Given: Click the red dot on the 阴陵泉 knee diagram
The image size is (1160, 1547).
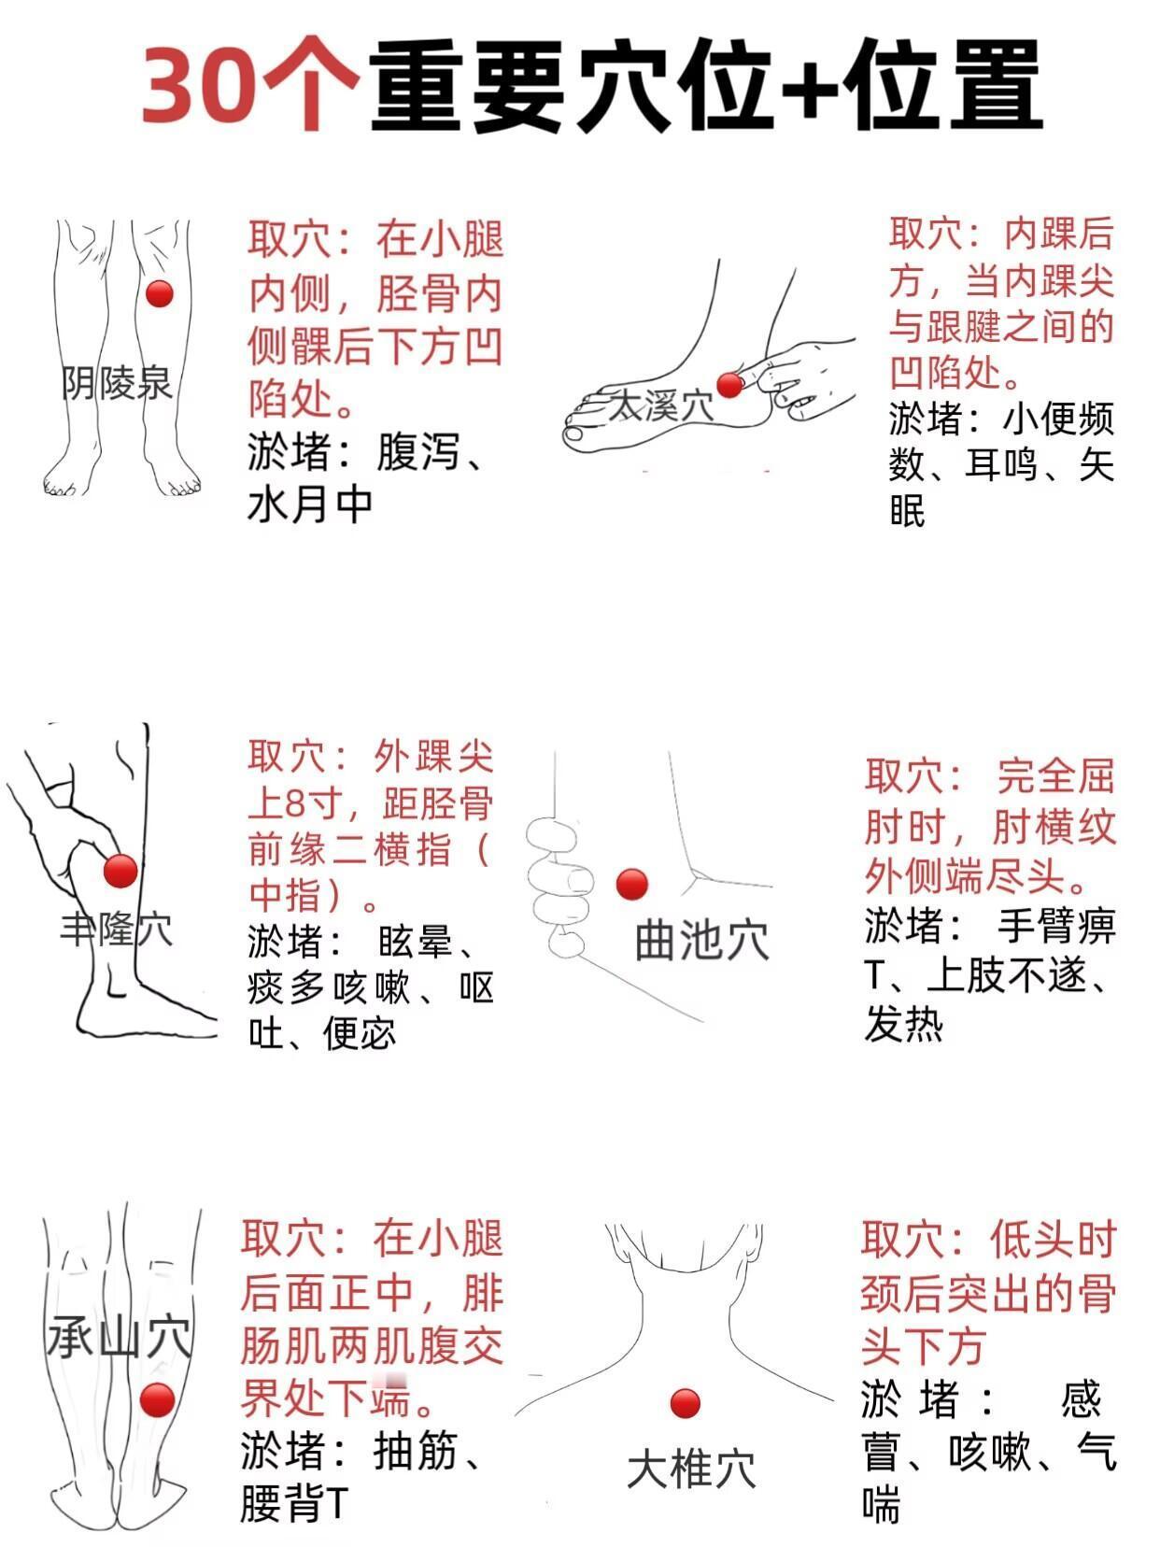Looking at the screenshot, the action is (160, 293).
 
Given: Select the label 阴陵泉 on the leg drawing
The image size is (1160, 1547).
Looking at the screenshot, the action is (117, 383).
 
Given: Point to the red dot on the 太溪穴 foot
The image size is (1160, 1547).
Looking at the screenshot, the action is (729, 385).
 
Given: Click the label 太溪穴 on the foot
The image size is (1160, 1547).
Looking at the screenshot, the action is (660, 406).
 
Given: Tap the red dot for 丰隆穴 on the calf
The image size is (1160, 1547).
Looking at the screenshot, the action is (120, 871).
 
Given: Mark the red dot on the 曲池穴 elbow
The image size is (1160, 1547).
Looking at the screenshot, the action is (631, 884).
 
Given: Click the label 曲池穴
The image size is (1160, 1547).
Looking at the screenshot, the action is (701, 941).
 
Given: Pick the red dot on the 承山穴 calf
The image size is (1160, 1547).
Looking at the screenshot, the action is (157, 1399).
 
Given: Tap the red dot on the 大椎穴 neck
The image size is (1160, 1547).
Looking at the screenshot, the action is (686, 1403).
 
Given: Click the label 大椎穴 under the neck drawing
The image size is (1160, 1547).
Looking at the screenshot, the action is (692, 1469).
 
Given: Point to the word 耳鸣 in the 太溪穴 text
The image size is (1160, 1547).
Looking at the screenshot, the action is (1004, 465).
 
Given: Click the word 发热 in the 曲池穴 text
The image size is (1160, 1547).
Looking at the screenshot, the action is (904, 1025).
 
